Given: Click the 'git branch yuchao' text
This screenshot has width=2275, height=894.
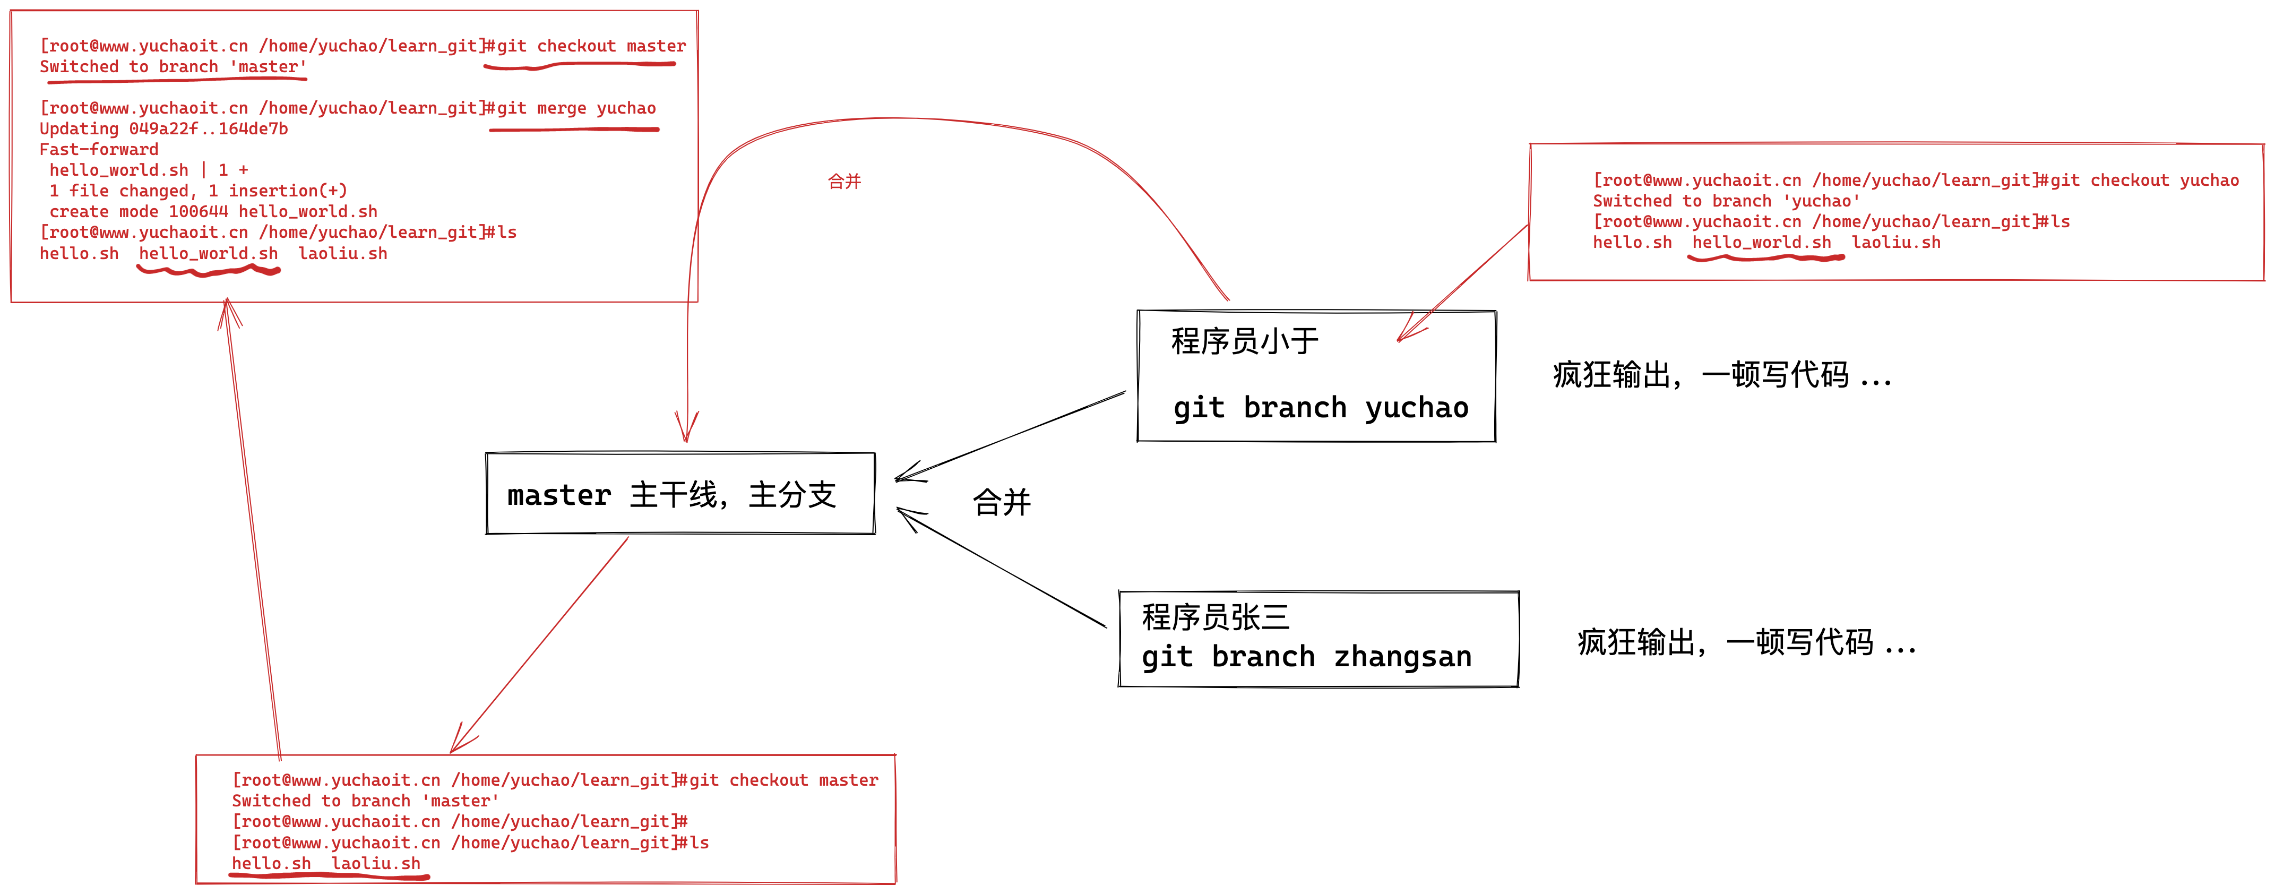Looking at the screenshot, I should [x=1320, y=408].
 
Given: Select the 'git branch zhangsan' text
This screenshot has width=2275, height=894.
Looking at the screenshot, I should [x=1306, y=657].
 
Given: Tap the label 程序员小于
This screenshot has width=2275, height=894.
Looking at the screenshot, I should [x=1244, y=341].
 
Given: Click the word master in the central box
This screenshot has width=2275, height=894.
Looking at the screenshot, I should [x=559, y=496].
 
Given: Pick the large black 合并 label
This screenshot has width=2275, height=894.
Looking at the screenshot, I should [x=1002, y=503].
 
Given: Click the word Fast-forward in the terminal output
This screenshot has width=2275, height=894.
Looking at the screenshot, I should [x=99, y=149].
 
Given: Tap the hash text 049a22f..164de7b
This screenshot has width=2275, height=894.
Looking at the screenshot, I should [x=209, y=129].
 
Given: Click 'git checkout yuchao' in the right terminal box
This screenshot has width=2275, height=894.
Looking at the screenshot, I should [x=2144, y=180].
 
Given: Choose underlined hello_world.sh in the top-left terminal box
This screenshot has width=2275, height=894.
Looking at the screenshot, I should [x=209, y=254].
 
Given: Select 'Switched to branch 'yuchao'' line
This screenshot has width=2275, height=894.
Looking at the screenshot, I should [x=1726, y=201].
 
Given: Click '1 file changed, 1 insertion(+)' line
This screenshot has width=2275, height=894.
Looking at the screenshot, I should [x=198, y=191].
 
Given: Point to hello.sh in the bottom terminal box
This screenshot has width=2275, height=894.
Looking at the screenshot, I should [x=271, y=864].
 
